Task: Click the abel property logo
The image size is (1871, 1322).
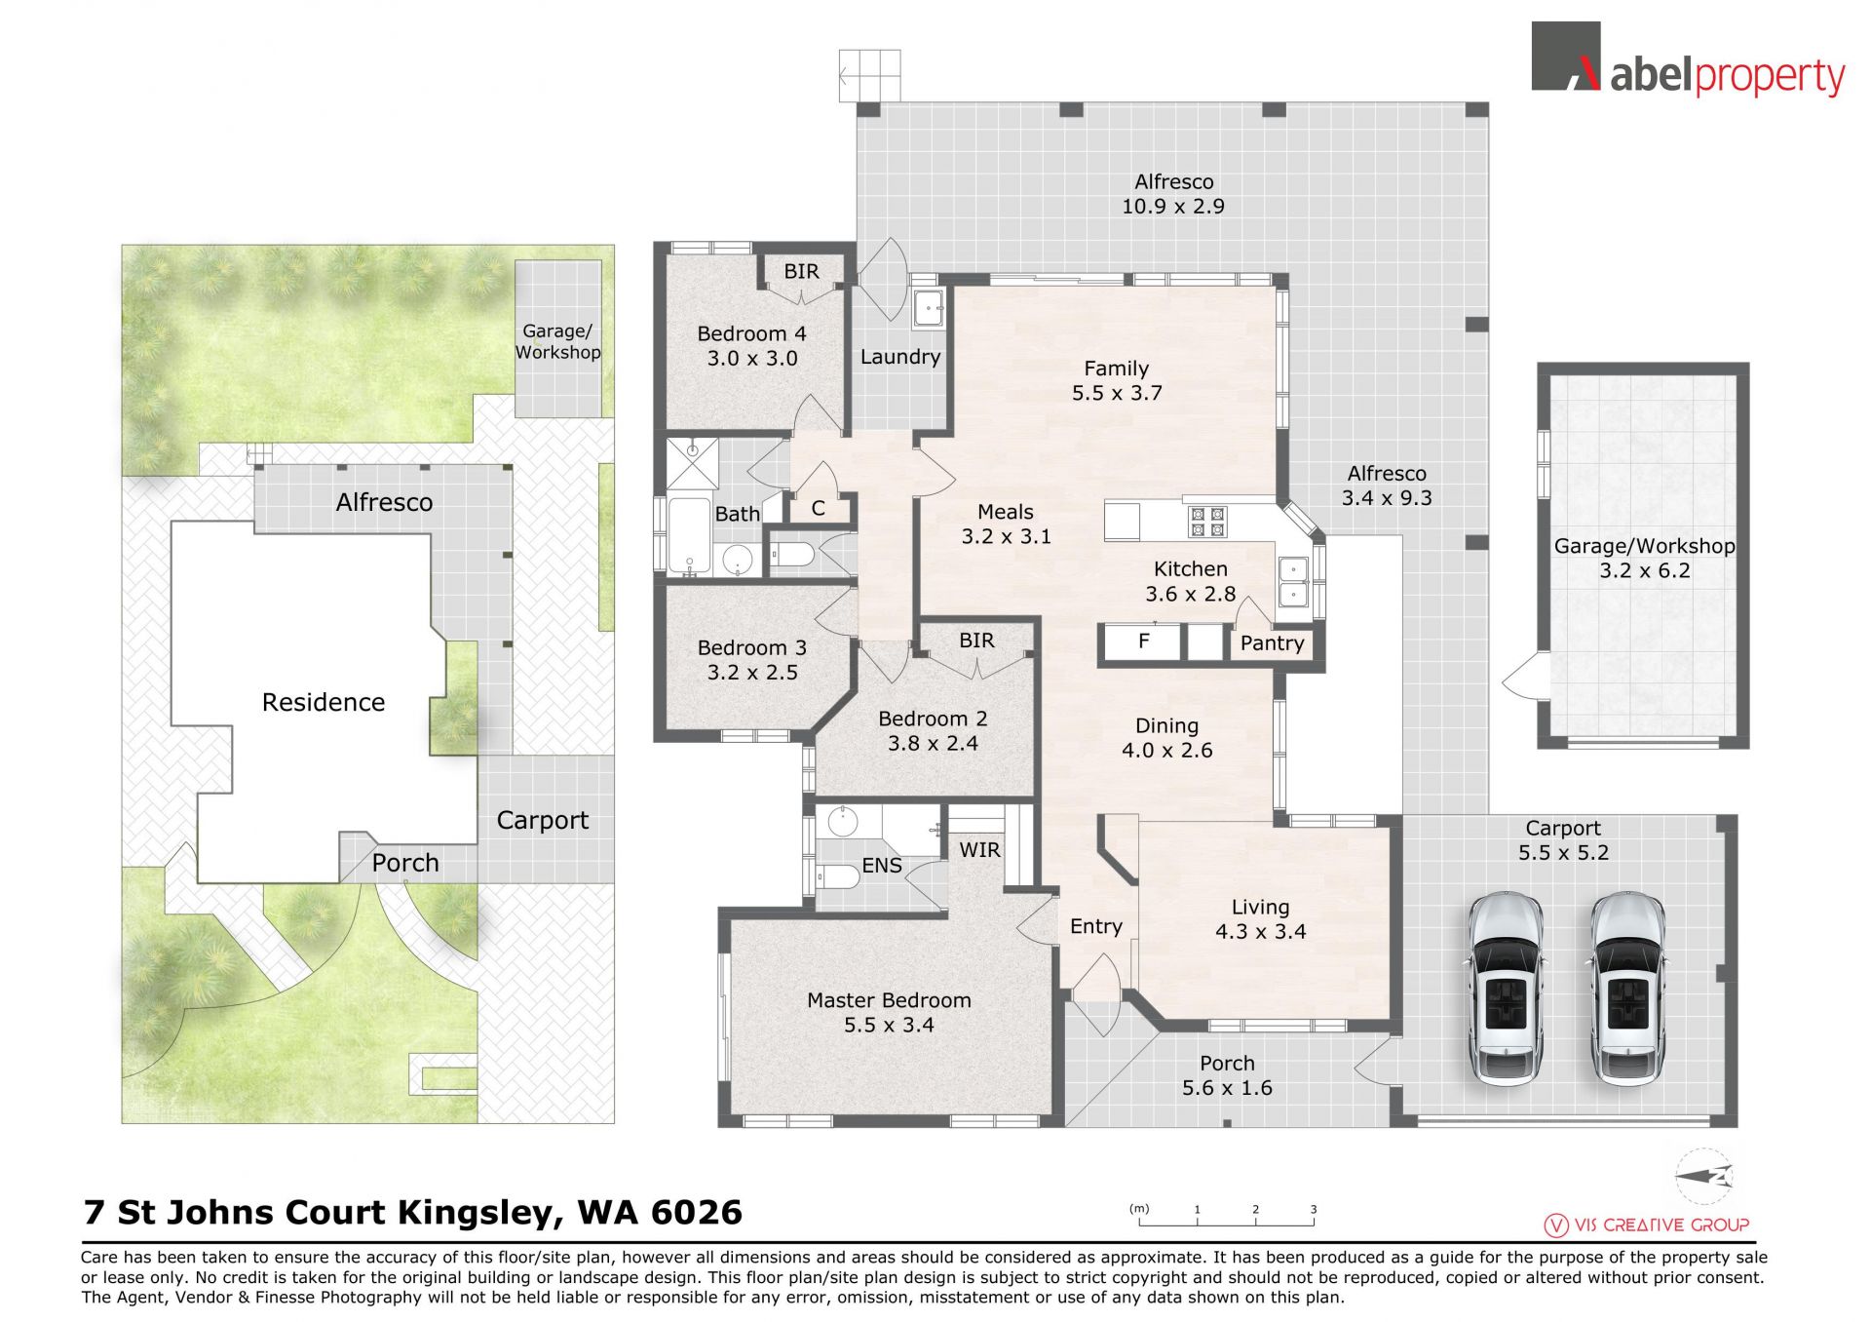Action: [x=1688, y=59]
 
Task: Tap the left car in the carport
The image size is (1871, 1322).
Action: [x=1506, y=989]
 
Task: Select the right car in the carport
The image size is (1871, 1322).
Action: [x=1627, y=989]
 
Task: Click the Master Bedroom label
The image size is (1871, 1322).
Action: [x=889, y=1000]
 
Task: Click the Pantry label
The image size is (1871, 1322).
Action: [x=1272, y=643]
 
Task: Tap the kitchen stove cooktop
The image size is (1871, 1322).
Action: [x=1206, y=522]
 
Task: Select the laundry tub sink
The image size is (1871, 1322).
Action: [x=928, y=309]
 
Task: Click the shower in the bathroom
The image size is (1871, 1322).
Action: [x=692, y=466]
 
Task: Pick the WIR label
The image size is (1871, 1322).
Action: [x=979, y=850]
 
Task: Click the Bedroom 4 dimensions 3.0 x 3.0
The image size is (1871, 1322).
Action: [x=752, y=359]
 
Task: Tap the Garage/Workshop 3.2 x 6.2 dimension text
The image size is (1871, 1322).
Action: [x=1645, y=571]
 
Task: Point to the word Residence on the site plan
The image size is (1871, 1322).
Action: [x=324, y=702]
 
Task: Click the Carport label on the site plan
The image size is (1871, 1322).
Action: [x=543, y=821]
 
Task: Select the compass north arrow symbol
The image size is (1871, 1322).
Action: [x=1704, y=1177]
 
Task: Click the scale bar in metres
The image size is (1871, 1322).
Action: [x=1227, y=1217]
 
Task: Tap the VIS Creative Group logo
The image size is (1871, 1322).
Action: [x=1647, y=1225]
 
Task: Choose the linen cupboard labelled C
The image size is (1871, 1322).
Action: [x=819, y=509]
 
